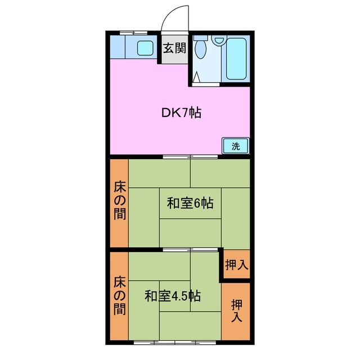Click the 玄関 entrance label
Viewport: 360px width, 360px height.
click(x=175, y=48)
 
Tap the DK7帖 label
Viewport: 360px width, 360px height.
click(x=181, y=112)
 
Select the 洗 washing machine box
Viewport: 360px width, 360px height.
click(x=236, y=146)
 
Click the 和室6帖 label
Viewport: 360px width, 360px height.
click(x=190, y=204)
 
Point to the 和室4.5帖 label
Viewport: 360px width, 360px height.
click(x=173, y=296)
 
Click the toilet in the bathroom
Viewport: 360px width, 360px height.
click(x=201, y=51)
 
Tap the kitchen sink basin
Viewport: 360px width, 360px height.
click(x=146, y=48)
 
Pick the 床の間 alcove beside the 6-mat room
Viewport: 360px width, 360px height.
click(x=119, y=201)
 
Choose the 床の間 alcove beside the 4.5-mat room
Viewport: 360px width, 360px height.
click(x=119, y=295)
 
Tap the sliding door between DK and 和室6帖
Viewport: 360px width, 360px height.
click(x=191, y=156)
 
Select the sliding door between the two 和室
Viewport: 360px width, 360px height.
click(x=191, y=249)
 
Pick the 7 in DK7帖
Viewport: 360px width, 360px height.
click(x=184, y=112)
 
